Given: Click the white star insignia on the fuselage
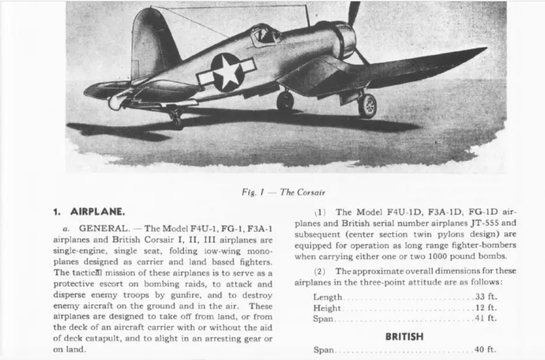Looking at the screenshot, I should [228, 72].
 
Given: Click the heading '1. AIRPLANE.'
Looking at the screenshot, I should [89, 211].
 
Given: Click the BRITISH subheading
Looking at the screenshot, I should [405, 337].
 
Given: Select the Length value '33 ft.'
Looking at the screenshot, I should [485, 297].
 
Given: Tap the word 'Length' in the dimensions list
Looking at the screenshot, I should [328, 297].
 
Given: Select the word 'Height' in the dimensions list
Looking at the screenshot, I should [328, 308].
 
